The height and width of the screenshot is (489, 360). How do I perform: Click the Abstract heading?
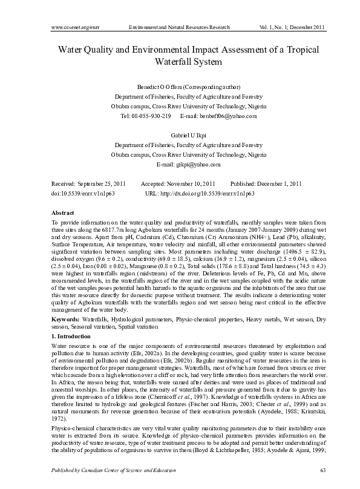click(63, 214)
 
